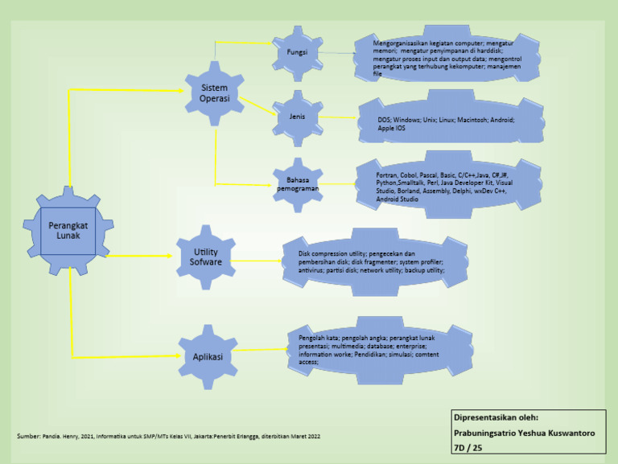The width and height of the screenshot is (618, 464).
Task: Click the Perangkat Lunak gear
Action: coord(68,231)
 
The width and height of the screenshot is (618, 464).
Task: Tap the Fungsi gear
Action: coord(297,53)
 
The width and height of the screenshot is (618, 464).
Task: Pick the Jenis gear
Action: coord(297,117)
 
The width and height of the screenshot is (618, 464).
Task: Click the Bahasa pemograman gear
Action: coord(297,184)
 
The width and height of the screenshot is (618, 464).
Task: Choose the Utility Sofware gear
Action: coord(206,257)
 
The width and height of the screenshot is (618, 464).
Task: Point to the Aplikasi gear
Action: coord(208,356)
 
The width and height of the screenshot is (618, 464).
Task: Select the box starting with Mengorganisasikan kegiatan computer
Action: coord(447,57)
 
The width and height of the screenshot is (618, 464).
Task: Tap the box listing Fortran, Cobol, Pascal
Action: coord(447,186)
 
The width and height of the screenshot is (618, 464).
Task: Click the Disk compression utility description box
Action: coord(375,262)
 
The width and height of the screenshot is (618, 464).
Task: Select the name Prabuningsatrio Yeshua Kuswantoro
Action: coord(524,433)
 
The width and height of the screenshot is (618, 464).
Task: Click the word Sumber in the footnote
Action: coord(28,436)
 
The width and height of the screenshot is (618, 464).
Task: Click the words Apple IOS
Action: coord(392,129)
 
